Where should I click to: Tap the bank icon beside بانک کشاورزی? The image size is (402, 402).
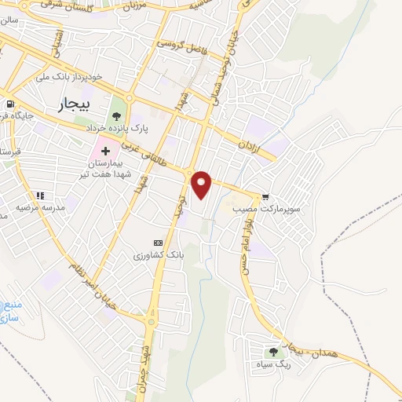click(x=158, y=243)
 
